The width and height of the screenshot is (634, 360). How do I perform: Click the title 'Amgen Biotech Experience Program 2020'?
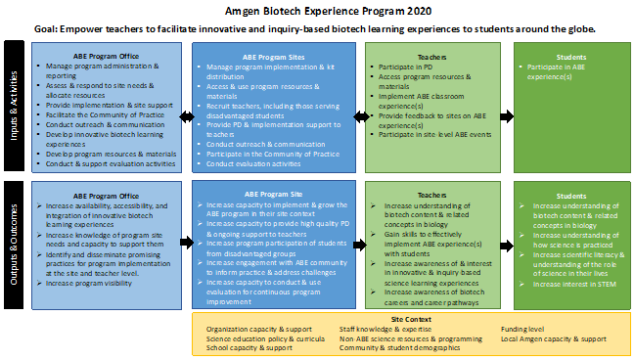tap(316, 11)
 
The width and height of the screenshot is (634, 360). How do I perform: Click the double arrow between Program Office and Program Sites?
tap(187, 116)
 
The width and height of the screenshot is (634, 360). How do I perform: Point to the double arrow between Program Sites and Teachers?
tap(361, 116)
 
